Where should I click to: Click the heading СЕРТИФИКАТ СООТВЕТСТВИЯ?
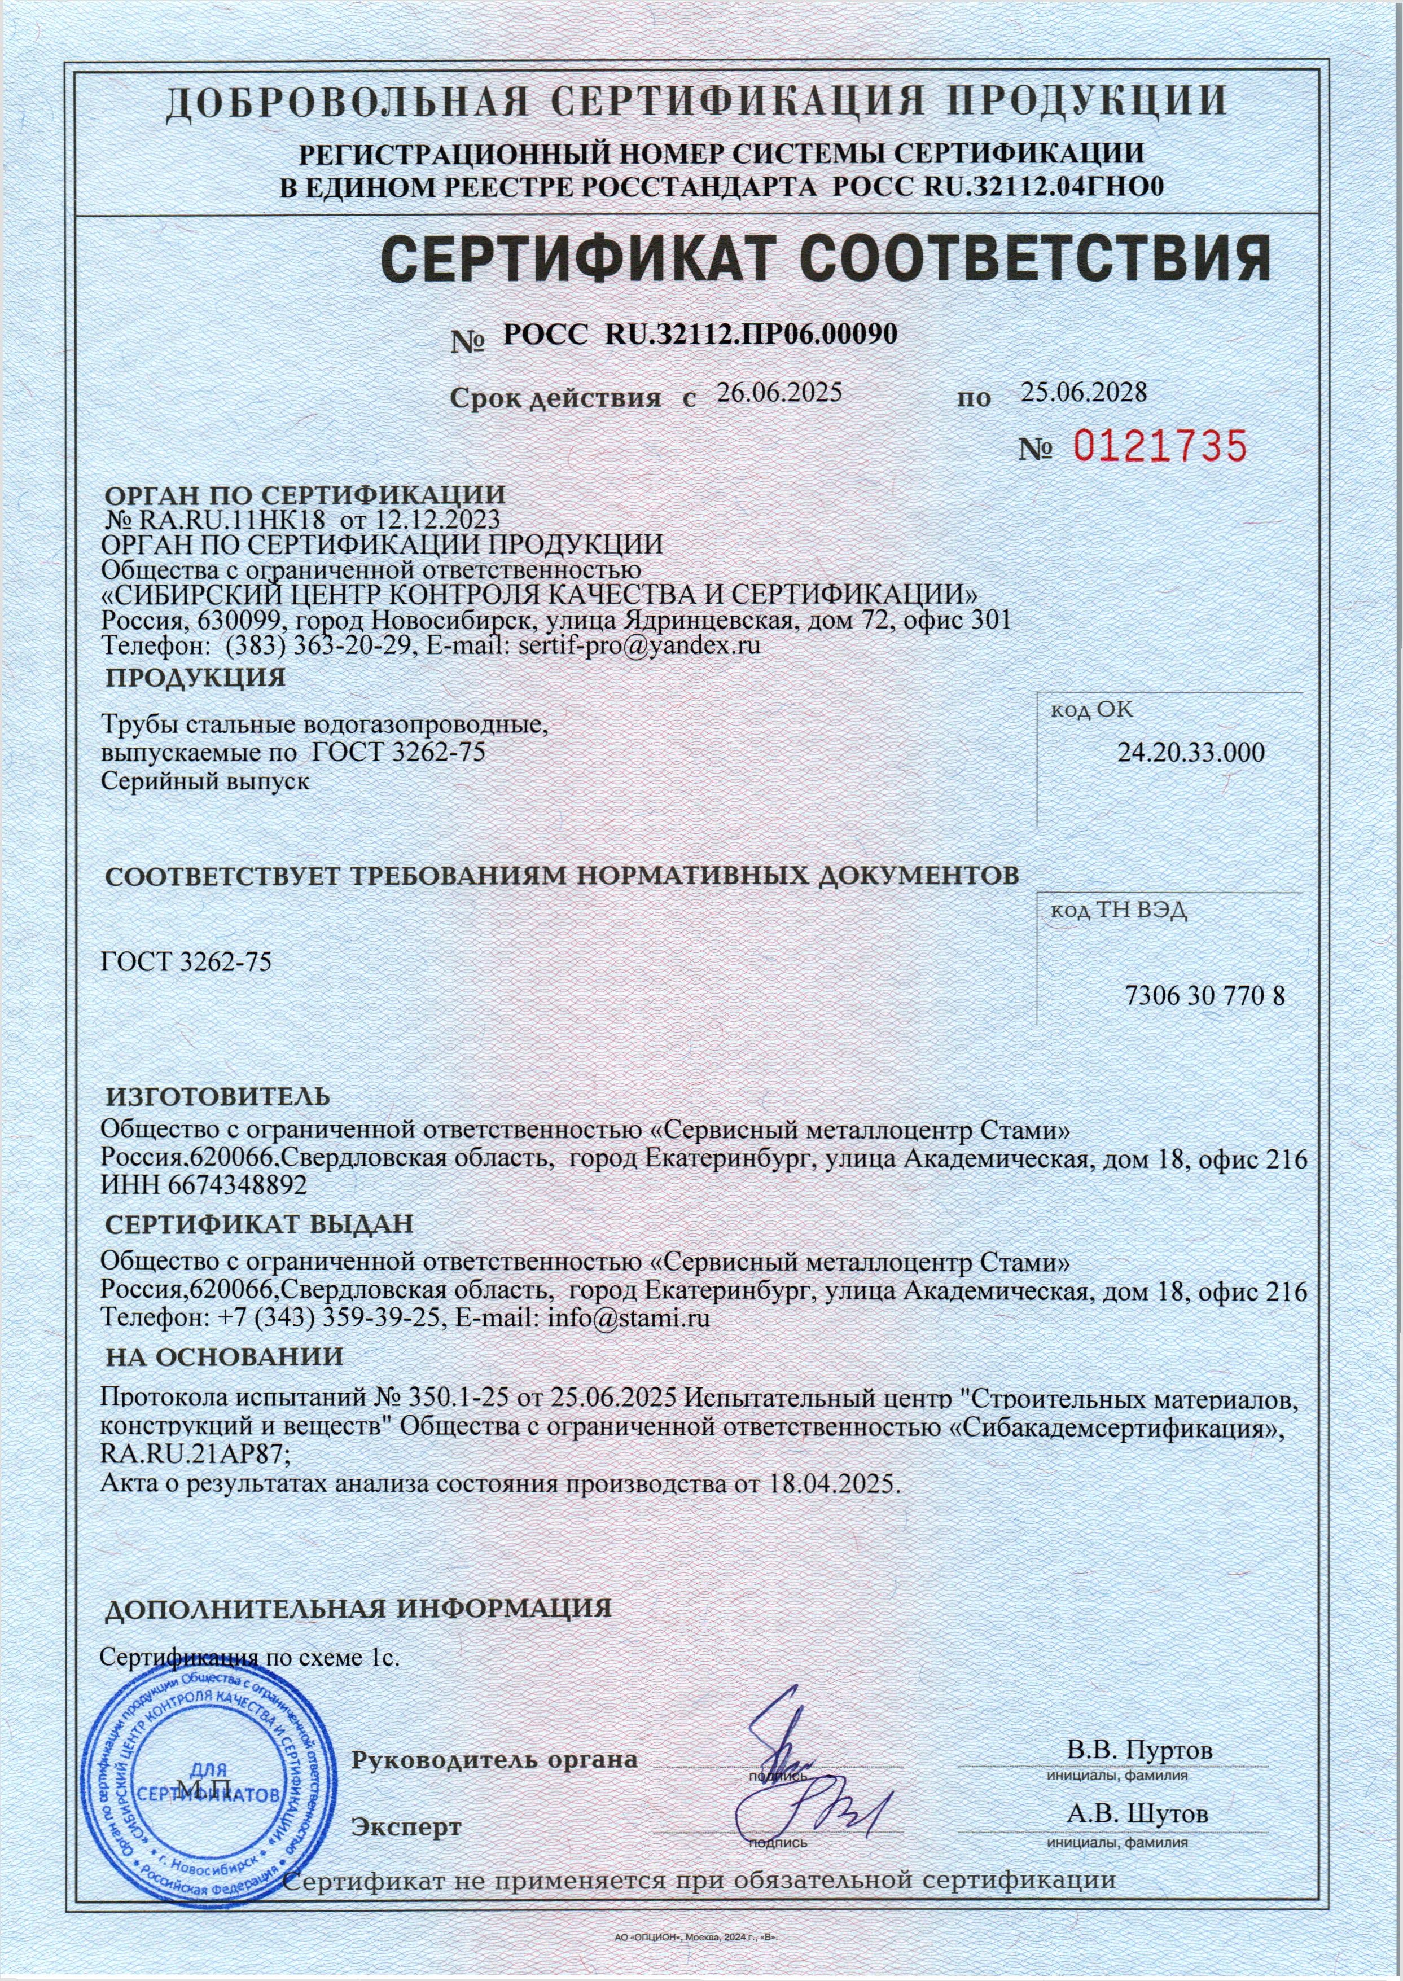tap(824, 257)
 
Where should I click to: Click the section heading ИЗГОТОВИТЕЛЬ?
tap(218, 1097)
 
